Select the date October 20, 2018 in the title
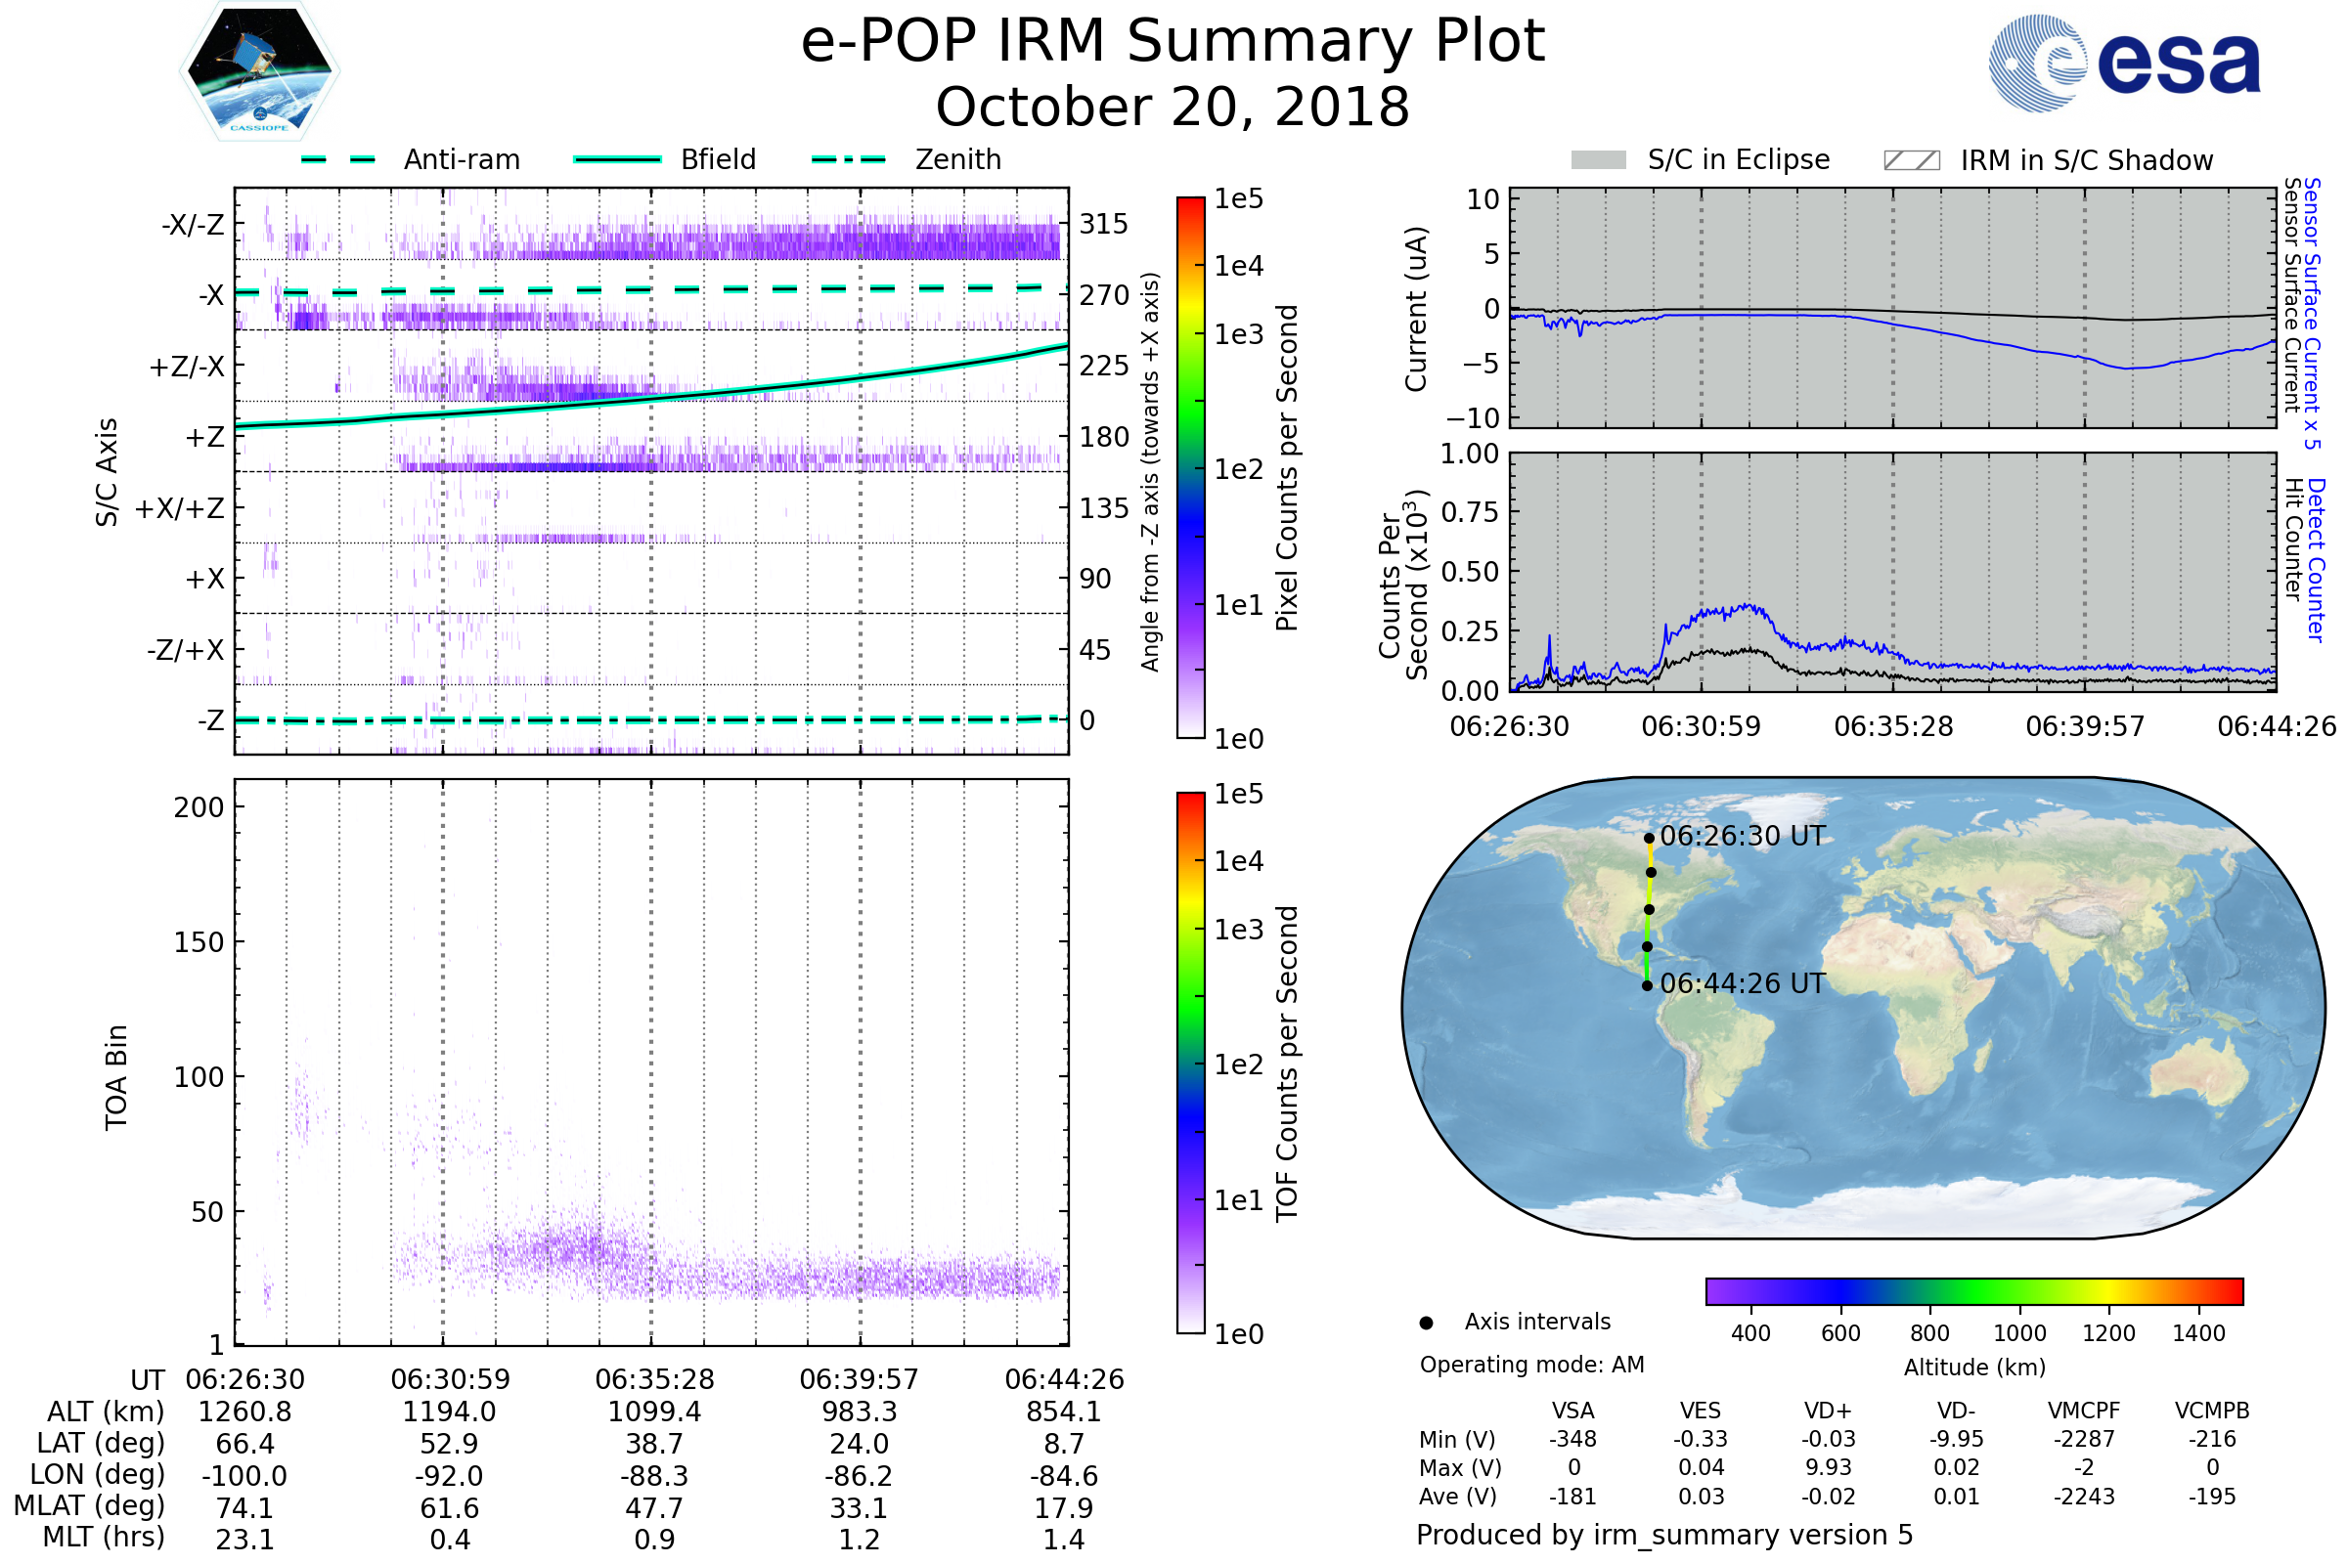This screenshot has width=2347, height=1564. (1173, 107)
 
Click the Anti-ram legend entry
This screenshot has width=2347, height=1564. (461, 159)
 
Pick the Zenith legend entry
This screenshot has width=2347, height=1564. (957, 159)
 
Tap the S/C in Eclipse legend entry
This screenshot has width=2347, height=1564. (1738, 159)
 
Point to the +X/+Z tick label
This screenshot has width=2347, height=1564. (180, 508)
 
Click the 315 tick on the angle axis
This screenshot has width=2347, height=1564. (1103, 224)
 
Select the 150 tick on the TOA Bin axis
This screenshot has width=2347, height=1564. (199, 942)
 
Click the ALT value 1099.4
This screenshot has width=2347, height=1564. (654, 1412)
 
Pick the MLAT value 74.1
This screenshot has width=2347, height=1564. (244, 1508)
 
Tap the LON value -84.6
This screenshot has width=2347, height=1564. (1064, 1476)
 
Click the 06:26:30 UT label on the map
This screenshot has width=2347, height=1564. (1743, 837)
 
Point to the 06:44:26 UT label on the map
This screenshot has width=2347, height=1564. (1743, 984)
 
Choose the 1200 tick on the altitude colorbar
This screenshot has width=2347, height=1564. (2108, 1333)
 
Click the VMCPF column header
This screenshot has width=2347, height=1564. (2084, 1412)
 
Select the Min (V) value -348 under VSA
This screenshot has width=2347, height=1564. (1572, 1439)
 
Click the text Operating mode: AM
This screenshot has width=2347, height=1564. (1531, 1365)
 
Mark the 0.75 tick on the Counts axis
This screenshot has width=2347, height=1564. (1470, 512)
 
